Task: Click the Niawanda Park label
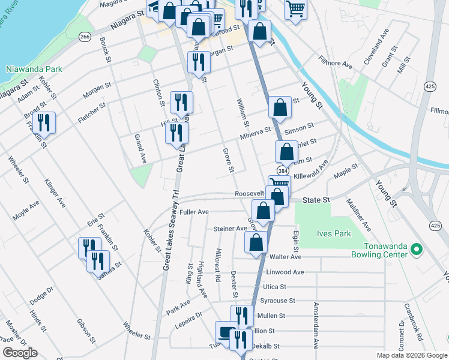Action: pos(34,69)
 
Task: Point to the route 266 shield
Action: pos(85,37)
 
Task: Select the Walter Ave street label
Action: pos(285,257)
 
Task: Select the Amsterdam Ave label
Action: pos(315,326)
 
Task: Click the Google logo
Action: pos(20,353)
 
